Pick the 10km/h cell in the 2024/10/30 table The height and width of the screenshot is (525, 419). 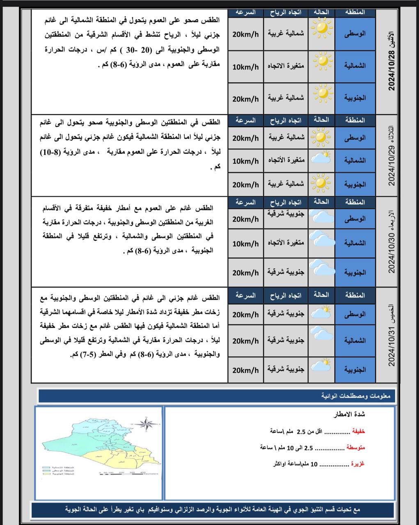click(245, 244)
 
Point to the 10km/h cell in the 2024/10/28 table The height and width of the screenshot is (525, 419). click(245, 66)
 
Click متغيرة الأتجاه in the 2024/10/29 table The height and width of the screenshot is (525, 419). click(286, 160)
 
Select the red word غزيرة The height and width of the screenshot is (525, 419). click(357, 464)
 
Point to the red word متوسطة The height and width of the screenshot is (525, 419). click(355, 447)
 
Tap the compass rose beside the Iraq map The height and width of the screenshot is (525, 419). click(148, 424)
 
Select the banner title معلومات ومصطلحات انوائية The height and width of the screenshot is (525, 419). click(357, 396)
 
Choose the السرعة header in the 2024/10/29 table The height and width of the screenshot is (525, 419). click(245, 121)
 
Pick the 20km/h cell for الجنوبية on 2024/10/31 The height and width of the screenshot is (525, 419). click(245, 370)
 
